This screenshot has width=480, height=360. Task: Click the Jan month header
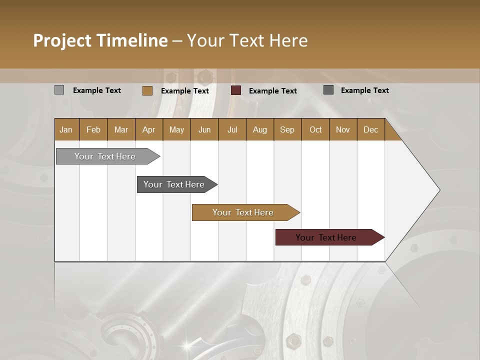pyautogui.click(x=66, y=129)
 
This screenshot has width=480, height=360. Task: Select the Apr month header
pyautogui.click(x=149, y=129)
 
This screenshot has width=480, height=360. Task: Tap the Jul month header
pyautogui.click(x=232, y=129)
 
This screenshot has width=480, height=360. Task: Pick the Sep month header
pyautogui.click(x=287, y=129)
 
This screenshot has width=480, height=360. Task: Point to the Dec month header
pyautogui.click(x=370, y=129)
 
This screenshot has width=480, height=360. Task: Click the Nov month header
pyautogui.click(x=343, y=129)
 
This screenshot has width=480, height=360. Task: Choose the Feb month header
pyautogui.click(x=93, y=129)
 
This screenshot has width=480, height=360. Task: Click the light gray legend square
pyautogui.click(x=59, y=90)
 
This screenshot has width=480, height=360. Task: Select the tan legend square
pyautogui.click(x=147, y=90)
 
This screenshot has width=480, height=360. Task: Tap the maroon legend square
pyautogui.click(x=236, y=90)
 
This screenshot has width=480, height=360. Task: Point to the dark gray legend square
pyautogui.click(x=328, y=90)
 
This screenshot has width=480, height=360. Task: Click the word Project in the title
pyautogui.click(x=62, y=40)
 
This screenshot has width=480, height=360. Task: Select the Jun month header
pyautogui.click(x=204, y=129)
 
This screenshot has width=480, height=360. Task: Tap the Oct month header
pyautogui.click(x=315, y=129)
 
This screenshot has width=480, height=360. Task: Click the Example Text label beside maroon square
pyautogui.click(x=273, y=90)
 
